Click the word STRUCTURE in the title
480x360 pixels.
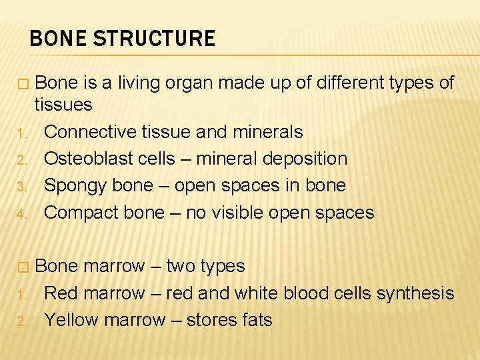[x=154, y=39]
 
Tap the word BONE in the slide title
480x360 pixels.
[x=58, y=39]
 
